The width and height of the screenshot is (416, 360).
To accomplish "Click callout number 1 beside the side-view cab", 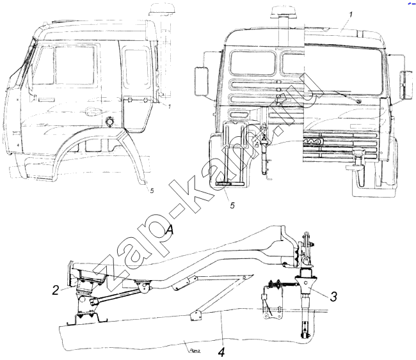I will (168, 106).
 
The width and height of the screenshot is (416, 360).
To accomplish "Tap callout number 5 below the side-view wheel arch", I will (152, 190).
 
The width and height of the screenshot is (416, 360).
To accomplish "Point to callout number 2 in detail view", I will (56, 288).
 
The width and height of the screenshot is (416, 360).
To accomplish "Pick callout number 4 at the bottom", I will (221, 352).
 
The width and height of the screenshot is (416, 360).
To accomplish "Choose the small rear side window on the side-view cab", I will (135, 67).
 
